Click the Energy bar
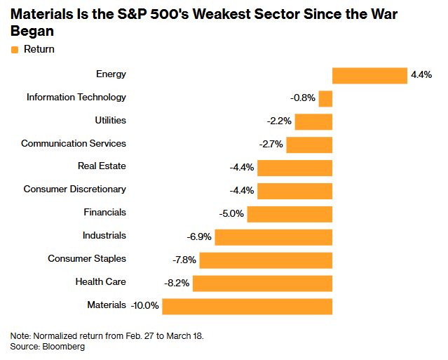tap(369, 75)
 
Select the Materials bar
tap(247, 306)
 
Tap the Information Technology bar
tap(325, 98)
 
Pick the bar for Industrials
tap(273, 236)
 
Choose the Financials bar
tap(290, 213)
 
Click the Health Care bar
tap(262, 283)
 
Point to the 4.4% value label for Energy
tap(421, 75)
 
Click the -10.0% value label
tap(145, 306)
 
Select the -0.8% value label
tap(303, 98)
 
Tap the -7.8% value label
tap(184, 260)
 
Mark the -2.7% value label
tap(271, 145)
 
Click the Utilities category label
tap(110, 121)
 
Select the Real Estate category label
tap(102, 166)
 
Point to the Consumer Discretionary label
tap(74, 189)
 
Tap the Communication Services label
tap(74, 144)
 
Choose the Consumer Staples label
tap(87, 259)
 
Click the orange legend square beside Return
tap(15, 50)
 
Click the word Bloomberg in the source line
tap(64, 347)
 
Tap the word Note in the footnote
tap(20, 336)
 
